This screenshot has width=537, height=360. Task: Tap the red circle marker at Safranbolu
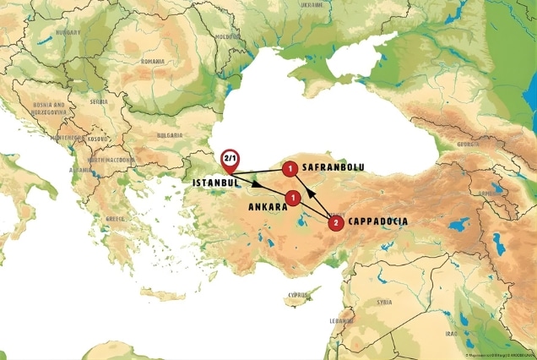[x=290, y=169]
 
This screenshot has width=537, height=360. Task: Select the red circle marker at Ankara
[x=292, y=198]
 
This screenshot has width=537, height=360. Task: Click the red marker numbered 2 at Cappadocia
[x=336, y=223]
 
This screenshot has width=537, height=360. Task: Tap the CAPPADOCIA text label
[x=377, y=222]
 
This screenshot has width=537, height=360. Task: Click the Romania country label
[x=153, y=61]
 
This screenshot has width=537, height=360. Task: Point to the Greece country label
[x=115, y=219]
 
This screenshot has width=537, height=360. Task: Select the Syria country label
[x=385, y=302]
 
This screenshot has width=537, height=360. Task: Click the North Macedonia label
[x=106, y=159]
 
